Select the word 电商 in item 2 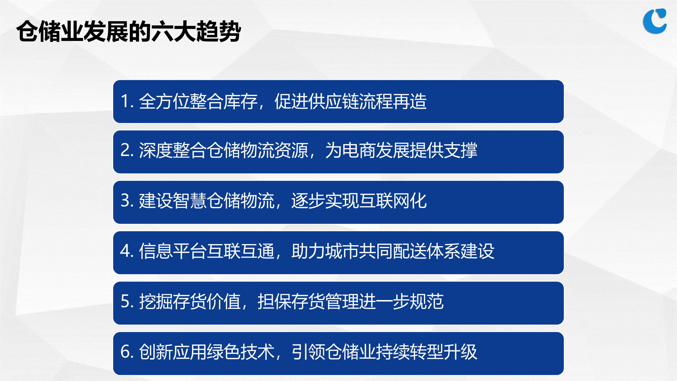click(x=359, y=150)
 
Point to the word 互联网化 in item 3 click(x=393, y=201)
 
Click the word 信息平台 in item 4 click(x=173, y=251)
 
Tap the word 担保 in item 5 click(x=274, y=301)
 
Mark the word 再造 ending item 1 click(x=410, y=102)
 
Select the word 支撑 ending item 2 click(x=461, y=150)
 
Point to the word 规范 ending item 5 click(x=427, y=301)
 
